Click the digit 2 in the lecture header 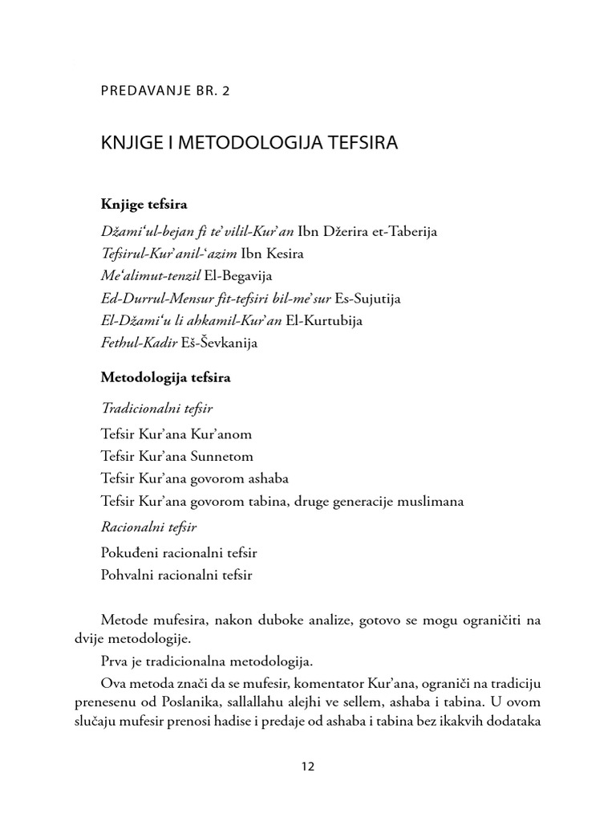(x=225, y=91)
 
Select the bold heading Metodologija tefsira (x=165, y=376)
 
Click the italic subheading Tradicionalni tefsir (x=156, y=408)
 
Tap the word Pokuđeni (x=130, y=553)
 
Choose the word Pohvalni (x=127, y=575)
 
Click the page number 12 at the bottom (x=308, y=766)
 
